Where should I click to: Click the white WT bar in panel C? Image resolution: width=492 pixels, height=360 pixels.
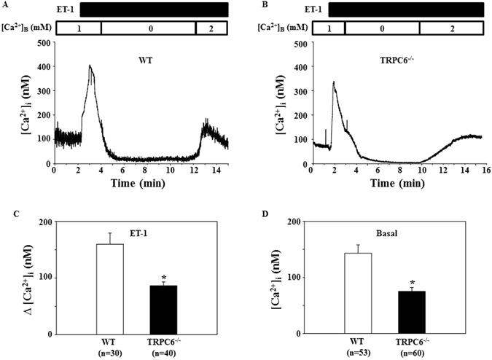pyautogui.click(x=111, y=289)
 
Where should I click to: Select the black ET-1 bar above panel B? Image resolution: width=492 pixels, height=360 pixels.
pyautogui.click(x=405, y=9)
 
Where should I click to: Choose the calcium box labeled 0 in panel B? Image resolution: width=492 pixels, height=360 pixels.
pyautogui.click(x=382, y=28)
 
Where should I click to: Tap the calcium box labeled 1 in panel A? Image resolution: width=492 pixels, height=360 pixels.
pyautogui.click(x=78, y=28)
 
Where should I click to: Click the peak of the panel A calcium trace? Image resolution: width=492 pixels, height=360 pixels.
pyautogui.click(x=90, y=66)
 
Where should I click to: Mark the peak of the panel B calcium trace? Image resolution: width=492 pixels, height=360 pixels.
pyautogui.click(x=333, y=82)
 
